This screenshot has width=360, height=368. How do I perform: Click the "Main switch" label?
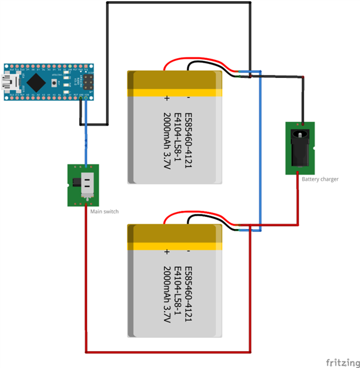tap(104, 212)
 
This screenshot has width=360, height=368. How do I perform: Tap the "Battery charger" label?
tap(320, 179)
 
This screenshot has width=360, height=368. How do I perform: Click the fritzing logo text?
tap(343, 362)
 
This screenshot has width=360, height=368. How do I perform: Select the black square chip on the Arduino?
tap(36, 81)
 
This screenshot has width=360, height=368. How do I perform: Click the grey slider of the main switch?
tap(88, 184)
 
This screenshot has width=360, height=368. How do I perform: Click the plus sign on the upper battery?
tap(167, 97)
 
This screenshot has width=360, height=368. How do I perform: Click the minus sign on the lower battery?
tap(188, 252)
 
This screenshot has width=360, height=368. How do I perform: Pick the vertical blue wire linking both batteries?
tap(259, 151)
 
